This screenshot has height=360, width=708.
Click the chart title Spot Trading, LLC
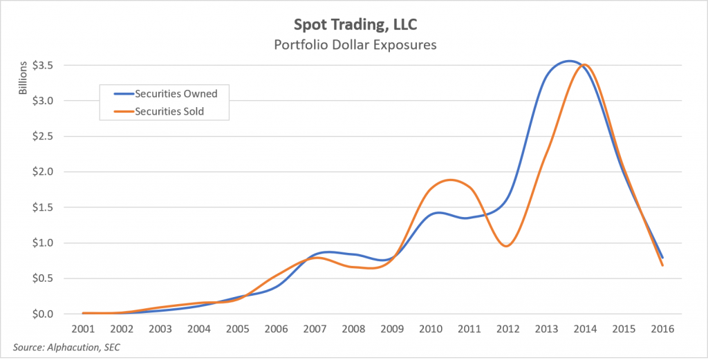(354, 26)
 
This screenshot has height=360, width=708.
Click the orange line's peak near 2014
(586, 65)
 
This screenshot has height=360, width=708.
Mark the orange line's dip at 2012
(507, 246)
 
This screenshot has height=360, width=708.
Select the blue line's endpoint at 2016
(662, 257)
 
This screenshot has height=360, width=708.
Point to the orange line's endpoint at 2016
(662, 265)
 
